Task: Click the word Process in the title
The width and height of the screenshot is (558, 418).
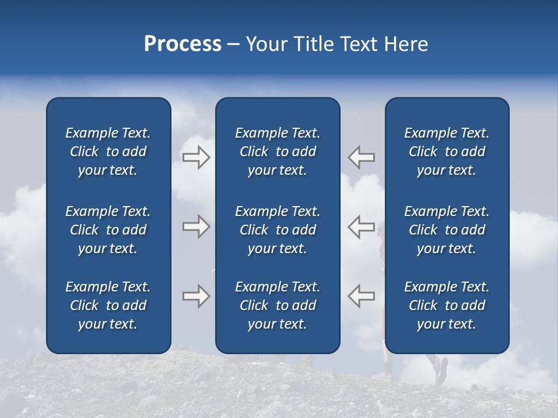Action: [183, 44]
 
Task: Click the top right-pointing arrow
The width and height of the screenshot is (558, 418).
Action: [196, 157]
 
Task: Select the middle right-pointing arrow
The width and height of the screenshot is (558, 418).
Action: [196, 226]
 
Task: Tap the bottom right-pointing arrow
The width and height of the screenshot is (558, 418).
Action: [196, 296]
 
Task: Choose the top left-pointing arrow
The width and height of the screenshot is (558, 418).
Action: [361, 157]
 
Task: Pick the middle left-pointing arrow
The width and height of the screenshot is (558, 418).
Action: [361, 226]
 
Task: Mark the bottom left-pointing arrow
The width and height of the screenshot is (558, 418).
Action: [361, 296]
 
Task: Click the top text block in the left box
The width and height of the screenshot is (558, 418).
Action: [108, 152]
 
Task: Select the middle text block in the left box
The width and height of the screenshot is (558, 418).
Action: [108, 230]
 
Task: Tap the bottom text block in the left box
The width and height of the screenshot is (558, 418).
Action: [108, 305]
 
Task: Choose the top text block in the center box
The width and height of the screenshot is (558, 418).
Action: [277, 152]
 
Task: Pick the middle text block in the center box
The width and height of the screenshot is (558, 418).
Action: [277, 230]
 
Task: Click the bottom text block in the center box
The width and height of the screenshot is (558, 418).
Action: [277, 305]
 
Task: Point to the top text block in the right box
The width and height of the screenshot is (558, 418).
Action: [446, 152]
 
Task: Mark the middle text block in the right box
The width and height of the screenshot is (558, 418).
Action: [446, 230]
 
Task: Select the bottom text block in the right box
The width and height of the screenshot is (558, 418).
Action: [446, 305]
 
